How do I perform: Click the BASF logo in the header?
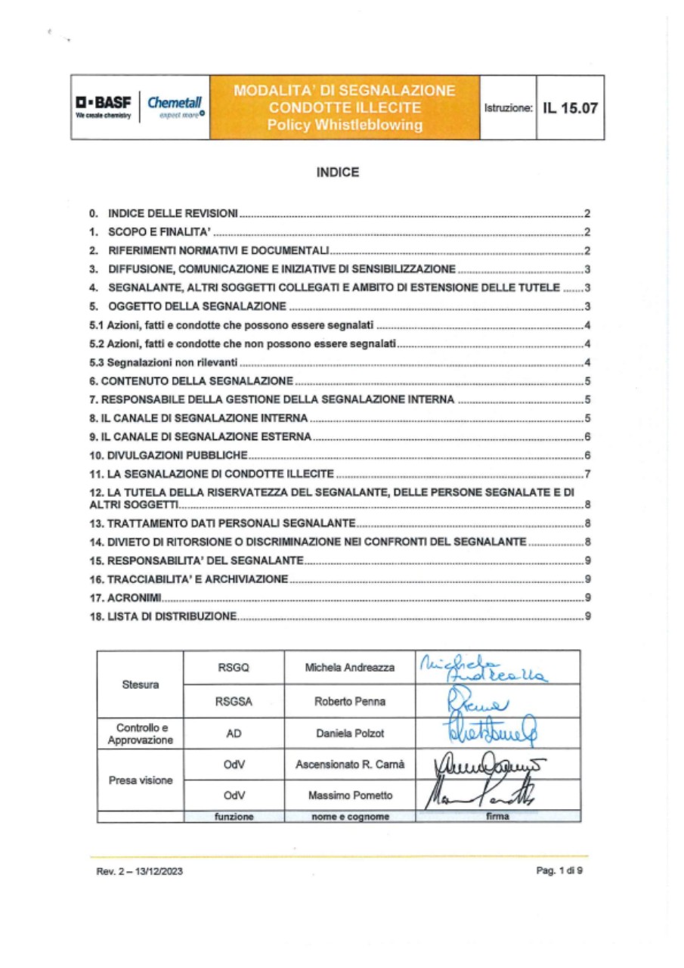pos(104,107)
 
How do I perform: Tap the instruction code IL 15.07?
pos(569,107)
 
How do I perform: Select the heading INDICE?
pos(337,172)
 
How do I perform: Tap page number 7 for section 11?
pos(587,475)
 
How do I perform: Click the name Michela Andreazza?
pos(350,669)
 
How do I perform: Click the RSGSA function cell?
pos(232,702)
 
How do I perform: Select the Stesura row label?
pos(141,685)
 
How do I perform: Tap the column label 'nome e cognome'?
pos(350,817)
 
